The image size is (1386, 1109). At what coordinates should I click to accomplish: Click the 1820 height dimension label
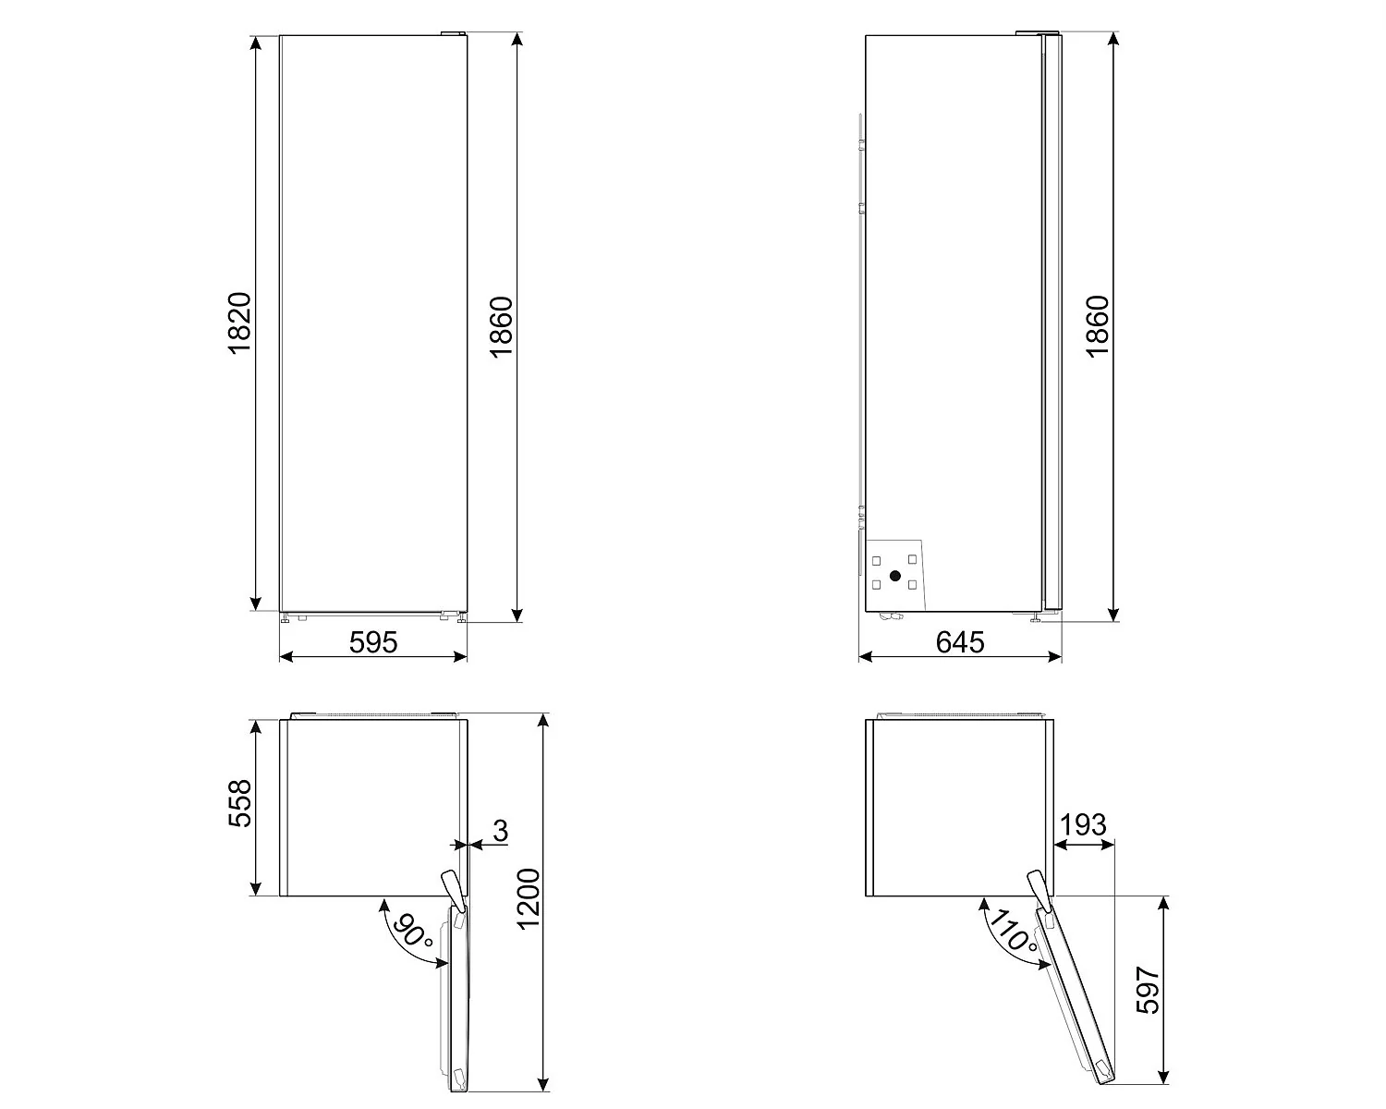pyautogui.click(x=238, y=323)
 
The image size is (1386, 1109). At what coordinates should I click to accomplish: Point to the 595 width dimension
pyautogui.click(x=373, y=641)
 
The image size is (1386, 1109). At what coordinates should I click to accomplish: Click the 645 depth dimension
pyautogui.click(x=960, y=641)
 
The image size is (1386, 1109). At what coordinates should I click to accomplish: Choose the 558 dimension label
pyautogui.click(x=238, y=804)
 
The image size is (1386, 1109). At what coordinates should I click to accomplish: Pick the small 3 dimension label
pyautogui.click(x=500, y=831)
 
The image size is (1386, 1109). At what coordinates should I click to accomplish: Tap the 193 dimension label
pyautogui.click(x=1083, y=824)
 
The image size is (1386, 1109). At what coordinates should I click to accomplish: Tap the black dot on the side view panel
pyautogui.click(x=894, y=576)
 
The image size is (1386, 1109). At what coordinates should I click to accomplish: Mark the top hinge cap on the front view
pyautogui.click(x=453, y=33)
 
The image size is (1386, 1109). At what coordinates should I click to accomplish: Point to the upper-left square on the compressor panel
pyautogui.click(x=877, y=560)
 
